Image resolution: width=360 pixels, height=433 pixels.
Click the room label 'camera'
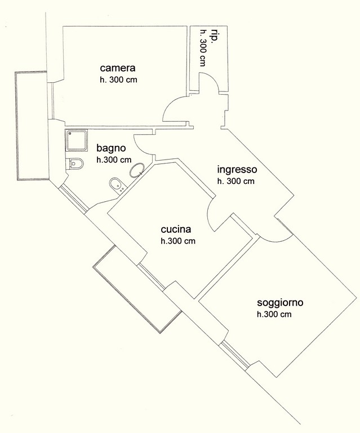click(118, 68)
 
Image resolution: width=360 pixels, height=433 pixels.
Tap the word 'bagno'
click(111, 148)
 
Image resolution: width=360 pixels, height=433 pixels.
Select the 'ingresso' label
click(237, 169)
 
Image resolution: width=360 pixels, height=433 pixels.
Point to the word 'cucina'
click(176, 229)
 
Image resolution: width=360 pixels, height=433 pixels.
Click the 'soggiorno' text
click(280, 303)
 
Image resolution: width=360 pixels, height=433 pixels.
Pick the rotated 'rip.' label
click(212, 36)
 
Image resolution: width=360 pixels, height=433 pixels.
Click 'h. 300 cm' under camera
click(118, 80)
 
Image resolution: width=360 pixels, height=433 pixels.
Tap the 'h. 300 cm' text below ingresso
click(235, 181)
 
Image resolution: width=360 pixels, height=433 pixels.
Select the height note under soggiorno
click(274, 314)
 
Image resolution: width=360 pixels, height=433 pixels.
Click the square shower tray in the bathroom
click(77, 140)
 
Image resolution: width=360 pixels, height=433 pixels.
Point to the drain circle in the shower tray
click(71, 134)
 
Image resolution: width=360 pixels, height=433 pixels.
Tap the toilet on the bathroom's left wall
click(75, 163)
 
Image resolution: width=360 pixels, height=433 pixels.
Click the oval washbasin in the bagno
click(136, 170)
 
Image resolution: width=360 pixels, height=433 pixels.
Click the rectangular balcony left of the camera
click(32, 126)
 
